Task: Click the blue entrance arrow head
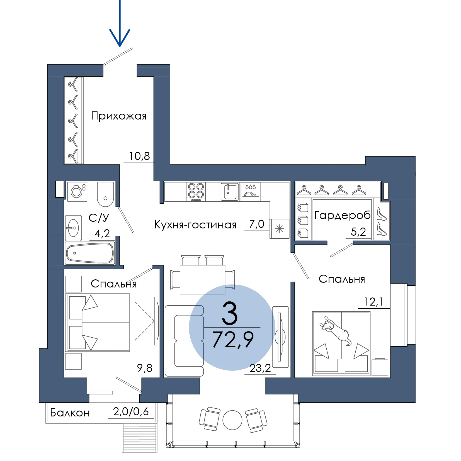tap(120, 39)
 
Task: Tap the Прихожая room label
tap(119, 116)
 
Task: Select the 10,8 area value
tap(139, 156)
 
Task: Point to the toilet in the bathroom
tap(105, 194)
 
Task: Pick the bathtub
tap(90, 253)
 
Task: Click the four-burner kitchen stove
tap(196, 192)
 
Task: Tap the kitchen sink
tap(230, 191)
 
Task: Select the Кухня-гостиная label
tap(195, 225)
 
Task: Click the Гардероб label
tap(342, 215)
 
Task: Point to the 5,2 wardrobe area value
tap(358, 232)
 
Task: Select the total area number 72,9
tap(233, 340)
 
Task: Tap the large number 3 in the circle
tap(230, 314)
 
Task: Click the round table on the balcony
tap(232, 420)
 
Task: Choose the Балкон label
tap(70, 413)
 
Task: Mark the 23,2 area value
tap(260, 368)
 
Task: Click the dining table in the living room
tap(202, 280)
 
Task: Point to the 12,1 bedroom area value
tap(373, 302)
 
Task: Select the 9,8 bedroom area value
tap(145, 368)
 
